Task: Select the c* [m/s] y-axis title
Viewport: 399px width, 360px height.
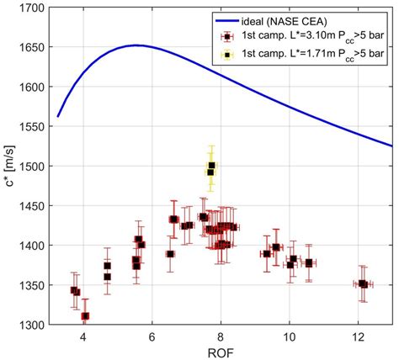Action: (x=9, y=166)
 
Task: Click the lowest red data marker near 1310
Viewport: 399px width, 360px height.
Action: (x=85, y=316)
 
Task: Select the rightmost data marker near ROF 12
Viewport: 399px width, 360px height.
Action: (x=364, y=284)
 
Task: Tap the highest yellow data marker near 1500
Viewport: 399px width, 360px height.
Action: (x=212, y=166)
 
